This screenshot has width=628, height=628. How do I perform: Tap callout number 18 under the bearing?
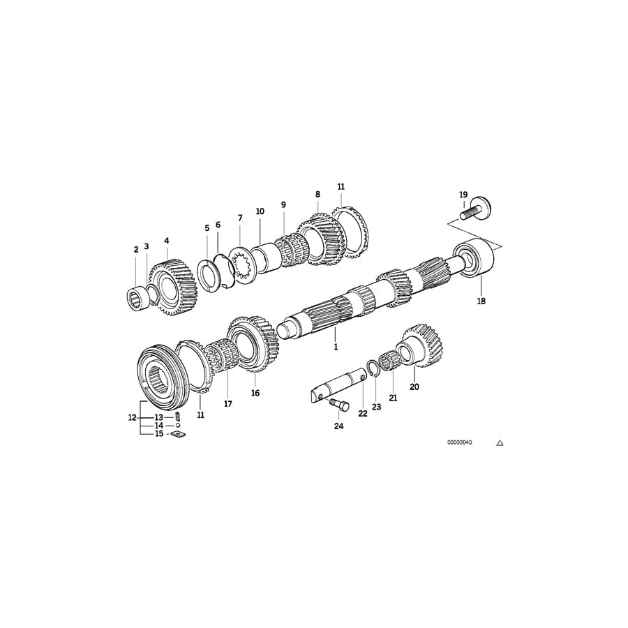[481, 301]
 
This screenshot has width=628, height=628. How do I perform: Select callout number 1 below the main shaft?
[335, 346]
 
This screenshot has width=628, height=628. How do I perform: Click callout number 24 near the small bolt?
[339, 426]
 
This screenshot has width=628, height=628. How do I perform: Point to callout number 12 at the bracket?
[132, 418]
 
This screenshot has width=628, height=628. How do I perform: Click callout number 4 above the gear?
[167, 241]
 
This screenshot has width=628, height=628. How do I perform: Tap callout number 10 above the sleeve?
[260, 211]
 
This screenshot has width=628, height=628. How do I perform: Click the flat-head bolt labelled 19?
[476, 208]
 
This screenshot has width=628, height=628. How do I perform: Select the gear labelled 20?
[419, 345]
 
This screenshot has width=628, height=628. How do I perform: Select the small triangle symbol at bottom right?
[500, 442]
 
